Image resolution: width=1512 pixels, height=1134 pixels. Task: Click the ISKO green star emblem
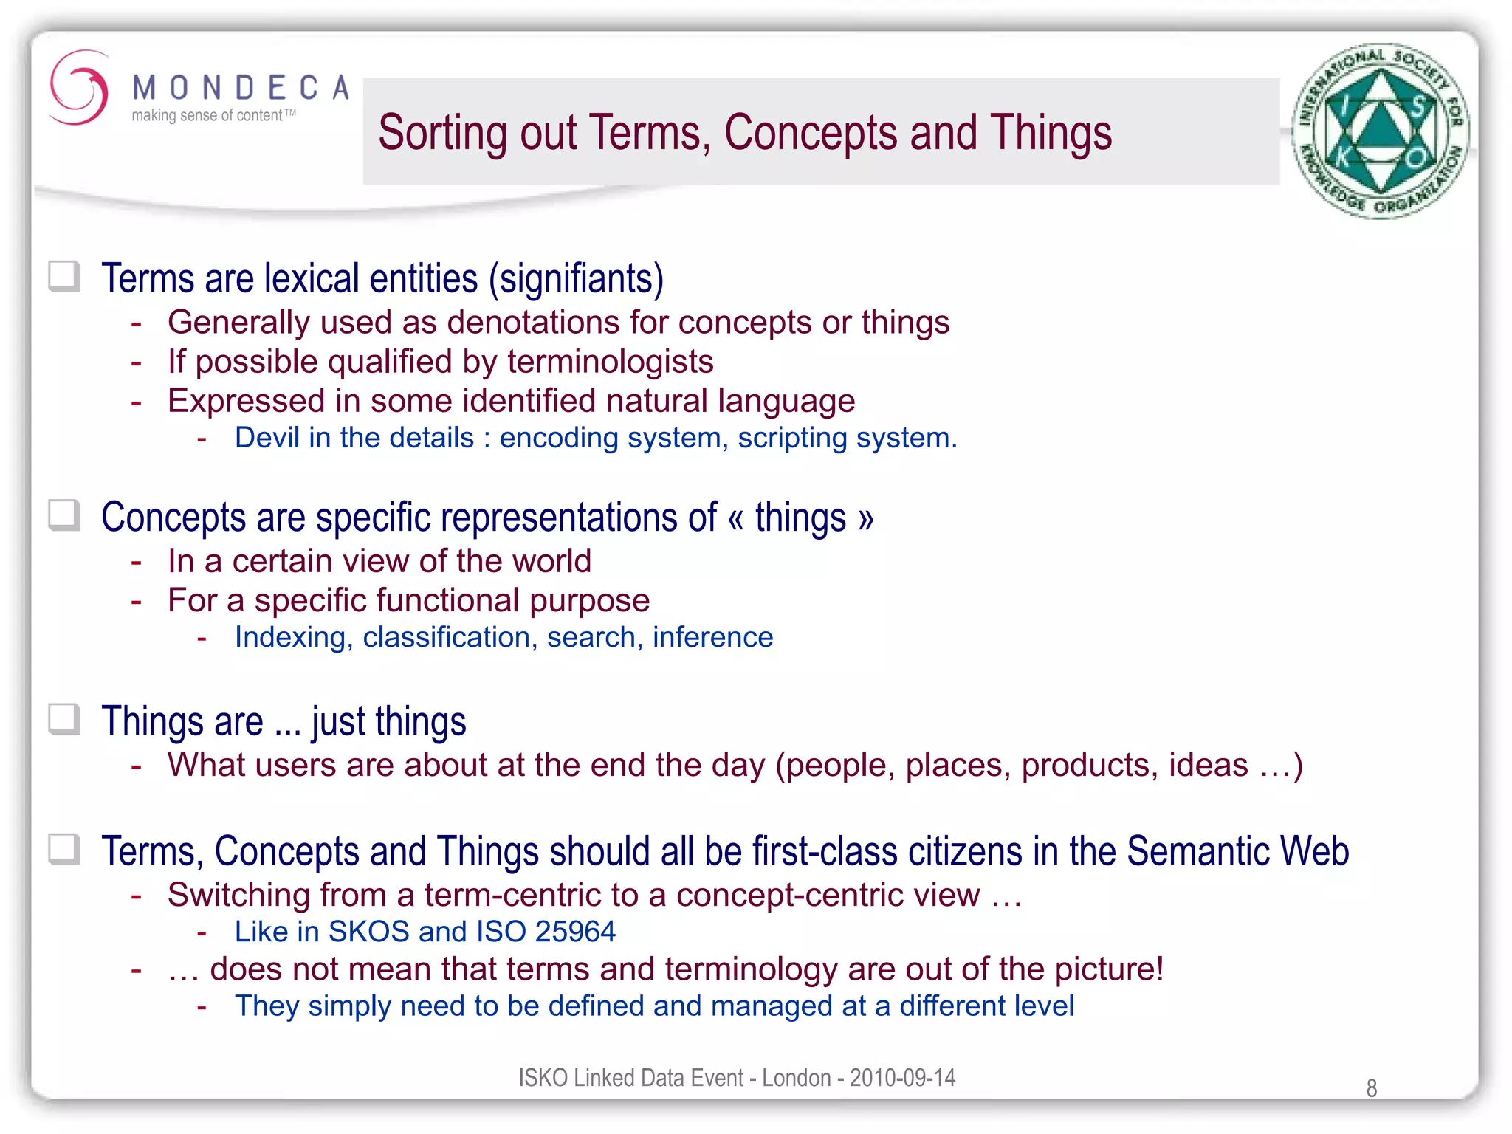point(1379,131)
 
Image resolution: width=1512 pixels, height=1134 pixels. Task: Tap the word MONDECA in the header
point(240,88)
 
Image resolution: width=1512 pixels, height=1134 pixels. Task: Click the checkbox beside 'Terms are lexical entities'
point(65,277)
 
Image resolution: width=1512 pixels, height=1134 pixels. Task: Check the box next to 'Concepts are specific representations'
point(65,515)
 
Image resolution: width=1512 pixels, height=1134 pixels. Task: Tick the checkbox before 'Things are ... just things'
point(65,719)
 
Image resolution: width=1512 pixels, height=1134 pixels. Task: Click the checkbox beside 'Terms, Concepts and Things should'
point(65,849)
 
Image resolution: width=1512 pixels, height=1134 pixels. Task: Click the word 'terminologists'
point(610,362)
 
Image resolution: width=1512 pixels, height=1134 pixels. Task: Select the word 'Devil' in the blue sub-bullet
point(267,438)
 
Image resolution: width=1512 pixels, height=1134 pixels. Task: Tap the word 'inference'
point(712,637)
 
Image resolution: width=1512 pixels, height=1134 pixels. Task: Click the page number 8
point(1371,1087)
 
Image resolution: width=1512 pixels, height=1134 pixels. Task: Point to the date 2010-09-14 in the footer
point(902,1078)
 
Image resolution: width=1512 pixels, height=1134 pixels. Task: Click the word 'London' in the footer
point(797,1078)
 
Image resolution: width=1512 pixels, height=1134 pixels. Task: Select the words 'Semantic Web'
point(1237,851)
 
